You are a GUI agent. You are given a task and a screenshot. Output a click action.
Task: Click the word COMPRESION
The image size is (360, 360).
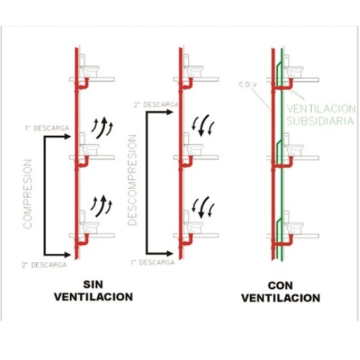27,194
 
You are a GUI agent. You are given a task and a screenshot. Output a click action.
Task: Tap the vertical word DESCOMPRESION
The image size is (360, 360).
132,180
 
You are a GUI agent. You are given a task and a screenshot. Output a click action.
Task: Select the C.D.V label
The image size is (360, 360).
248,84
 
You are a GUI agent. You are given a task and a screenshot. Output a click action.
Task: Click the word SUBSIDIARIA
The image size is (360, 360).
320,121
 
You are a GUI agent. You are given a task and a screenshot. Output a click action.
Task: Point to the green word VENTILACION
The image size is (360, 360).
321,109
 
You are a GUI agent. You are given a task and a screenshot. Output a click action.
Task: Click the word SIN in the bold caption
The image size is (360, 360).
93,285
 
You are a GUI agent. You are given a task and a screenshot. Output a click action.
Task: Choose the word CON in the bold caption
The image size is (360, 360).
280,285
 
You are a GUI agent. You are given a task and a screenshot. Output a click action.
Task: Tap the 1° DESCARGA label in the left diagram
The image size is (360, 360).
47,128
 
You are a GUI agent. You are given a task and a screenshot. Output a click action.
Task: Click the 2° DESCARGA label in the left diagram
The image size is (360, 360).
44,265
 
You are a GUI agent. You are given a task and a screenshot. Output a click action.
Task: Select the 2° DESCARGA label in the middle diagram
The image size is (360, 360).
156,105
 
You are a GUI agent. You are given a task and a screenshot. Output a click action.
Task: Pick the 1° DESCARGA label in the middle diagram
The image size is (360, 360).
153,262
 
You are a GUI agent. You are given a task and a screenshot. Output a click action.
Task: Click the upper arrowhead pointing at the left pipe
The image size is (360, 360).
67,137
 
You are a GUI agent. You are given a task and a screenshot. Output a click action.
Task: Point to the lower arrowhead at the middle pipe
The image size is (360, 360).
170,254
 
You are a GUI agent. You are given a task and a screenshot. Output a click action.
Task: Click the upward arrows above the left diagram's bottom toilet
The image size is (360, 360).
101,206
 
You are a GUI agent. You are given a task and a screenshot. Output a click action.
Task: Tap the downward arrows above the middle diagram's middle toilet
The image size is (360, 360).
203,125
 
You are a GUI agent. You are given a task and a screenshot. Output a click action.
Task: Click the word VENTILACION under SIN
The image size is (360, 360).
94,297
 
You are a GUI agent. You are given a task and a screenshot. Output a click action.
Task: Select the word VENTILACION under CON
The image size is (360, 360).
281,298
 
